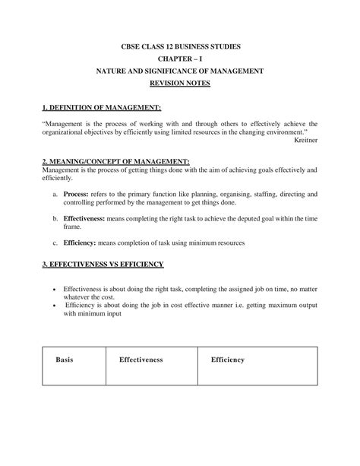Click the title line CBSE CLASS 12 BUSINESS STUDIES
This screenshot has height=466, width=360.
[x=180, y=47]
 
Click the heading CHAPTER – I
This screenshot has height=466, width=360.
[x=180, y=59]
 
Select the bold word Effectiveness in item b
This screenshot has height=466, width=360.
[x=86, y=218]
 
